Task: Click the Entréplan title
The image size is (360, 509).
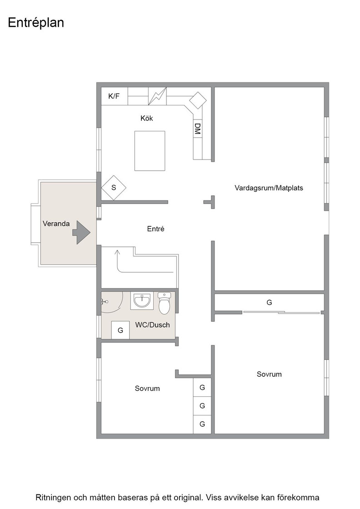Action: pos(36,23)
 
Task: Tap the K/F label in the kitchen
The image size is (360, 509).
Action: pos(114,96)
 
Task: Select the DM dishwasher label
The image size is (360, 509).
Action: pos(197,129)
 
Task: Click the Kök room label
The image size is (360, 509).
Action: pos(147,118)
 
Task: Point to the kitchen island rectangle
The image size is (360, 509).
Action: pos(150,150)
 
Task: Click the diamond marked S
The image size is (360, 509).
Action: pos(114,188)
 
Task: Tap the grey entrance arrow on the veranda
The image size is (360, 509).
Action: pos(81,232)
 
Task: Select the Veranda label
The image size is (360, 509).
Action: pos(56,224)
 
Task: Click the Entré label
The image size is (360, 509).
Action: pos(156,229)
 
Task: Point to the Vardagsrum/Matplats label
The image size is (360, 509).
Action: pos(269,188)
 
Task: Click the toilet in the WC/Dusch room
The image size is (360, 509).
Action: pos(164,303)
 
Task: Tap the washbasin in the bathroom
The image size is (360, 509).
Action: pos(142,300)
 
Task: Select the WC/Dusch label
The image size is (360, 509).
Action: pos(153,325)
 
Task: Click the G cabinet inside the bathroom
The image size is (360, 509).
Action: pos(120,330)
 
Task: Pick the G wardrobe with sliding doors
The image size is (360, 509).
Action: pos(269,303)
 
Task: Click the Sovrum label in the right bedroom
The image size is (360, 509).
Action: pos(269,374)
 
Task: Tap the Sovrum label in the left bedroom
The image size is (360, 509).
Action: pos(147,389)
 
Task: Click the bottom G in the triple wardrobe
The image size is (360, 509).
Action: pos(202,424)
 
